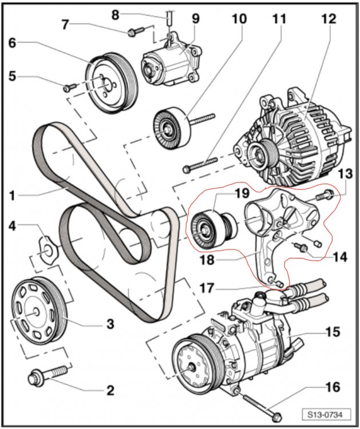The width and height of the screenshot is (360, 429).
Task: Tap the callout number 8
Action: (116, 14)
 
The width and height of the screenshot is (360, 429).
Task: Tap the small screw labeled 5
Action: (70, 88)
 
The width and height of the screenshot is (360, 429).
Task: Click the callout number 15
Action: (332, 332)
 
